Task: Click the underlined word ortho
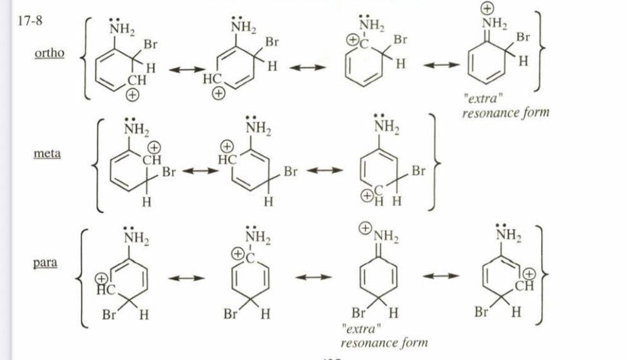(48, 53)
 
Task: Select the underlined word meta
(47, 155)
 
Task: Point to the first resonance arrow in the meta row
(201, 172)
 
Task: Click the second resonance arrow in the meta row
(324, 172)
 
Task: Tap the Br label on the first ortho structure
(150, 45)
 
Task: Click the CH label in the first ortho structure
(137, 81)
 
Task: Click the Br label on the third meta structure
(418, 171)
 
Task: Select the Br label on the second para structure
(230, 315)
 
